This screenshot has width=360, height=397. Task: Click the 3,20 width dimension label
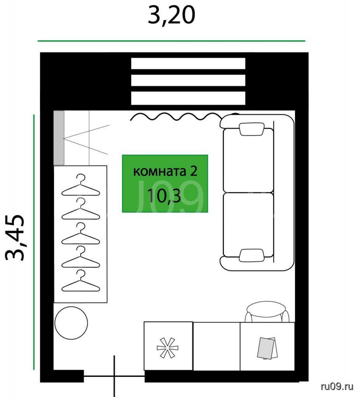[x=171, y=16]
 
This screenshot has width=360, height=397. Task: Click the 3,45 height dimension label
[x=15, y=238]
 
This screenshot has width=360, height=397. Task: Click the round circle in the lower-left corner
[x=71, y=323]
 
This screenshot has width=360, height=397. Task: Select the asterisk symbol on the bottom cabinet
[x=168, y=348]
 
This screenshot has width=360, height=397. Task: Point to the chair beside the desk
[x=267, y=312]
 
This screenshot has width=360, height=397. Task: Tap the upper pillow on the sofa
[x=251, y=129]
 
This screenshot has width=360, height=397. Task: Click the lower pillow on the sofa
[x=251, y=255]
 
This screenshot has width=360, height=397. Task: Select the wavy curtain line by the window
[x=183, y=117]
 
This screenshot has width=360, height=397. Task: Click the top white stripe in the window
[x=188, y=63]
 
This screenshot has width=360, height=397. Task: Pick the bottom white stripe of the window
[x=188, y=98]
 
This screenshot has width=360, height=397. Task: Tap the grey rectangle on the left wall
[x=59, y=138]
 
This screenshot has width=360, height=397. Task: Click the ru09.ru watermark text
[x=337, y=387]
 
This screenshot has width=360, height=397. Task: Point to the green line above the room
[x=171, y=40]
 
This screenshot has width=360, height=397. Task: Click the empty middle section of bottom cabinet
[x=216, y=346]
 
